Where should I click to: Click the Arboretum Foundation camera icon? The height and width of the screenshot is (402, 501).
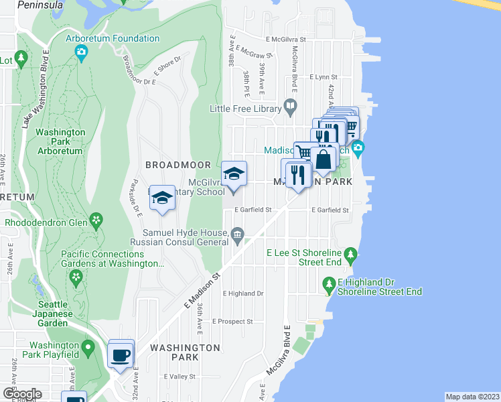81,52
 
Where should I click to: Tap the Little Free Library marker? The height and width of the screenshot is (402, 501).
290,105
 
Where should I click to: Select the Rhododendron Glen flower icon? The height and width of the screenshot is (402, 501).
97,219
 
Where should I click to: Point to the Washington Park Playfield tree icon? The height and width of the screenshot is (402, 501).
88,348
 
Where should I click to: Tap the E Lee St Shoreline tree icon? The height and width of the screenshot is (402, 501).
349,254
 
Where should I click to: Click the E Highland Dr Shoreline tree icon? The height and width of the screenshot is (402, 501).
329,284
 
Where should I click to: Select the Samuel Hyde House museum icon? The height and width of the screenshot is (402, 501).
237,234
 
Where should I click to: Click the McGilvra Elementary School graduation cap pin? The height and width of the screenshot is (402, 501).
234,174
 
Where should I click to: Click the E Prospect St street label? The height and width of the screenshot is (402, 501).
232,321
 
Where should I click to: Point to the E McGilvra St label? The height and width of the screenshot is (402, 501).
285,40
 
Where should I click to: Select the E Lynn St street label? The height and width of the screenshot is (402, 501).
326,77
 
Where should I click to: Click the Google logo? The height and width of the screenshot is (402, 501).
22,393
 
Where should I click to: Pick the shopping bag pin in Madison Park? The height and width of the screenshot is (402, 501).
323,159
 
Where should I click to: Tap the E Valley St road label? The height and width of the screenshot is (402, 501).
180,377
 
